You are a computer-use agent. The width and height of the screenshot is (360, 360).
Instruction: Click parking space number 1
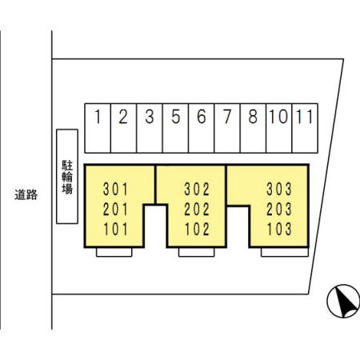[98, 128]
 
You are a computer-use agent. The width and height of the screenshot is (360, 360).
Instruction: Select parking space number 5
[175, 128]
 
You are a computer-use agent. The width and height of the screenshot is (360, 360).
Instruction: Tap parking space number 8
[253, 128]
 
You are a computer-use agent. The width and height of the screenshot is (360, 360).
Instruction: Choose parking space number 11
[305, 128]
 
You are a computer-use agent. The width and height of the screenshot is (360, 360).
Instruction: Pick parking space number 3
[150, 128]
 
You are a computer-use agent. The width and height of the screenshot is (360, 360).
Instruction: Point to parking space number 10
[279, 128]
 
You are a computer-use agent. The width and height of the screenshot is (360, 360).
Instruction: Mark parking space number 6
[202, 128]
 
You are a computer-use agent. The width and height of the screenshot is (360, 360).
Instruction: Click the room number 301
[115, 189]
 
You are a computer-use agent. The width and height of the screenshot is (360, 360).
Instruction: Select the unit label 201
[115, 209]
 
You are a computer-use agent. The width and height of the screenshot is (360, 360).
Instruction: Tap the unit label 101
[115, 229]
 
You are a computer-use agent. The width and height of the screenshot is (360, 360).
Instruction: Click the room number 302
[197, 189]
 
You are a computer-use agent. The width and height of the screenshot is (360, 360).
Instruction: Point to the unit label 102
[197, 229]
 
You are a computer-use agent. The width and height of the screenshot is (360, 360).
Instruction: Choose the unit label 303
[279, 189]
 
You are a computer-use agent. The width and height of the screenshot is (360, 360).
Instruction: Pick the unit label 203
[279, 209]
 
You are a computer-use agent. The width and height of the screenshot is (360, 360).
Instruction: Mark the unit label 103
[279, 229]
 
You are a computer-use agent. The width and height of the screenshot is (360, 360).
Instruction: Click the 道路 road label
[26, 194]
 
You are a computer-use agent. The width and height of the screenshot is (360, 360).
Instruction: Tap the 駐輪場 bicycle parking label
[67, 177]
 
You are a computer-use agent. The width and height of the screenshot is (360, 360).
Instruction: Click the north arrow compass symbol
[343, 301]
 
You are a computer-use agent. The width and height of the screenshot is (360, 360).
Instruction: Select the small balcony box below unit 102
[196, 252]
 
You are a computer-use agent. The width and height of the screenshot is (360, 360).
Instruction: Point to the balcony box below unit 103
[285, 252]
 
